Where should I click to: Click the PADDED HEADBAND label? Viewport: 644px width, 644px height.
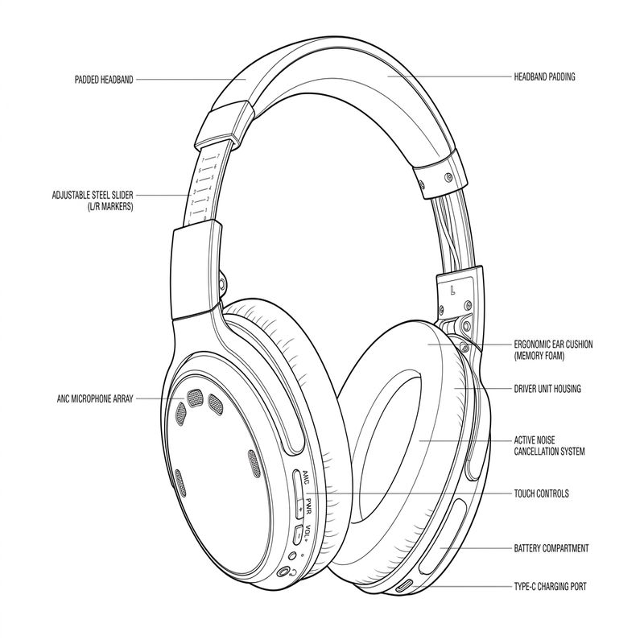(101, 80)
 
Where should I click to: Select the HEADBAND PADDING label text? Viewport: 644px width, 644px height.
(544, 77)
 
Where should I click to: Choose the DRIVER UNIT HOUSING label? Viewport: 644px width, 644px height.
(547, 389)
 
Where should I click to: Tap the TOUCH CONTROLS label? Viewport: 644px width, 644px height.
(541, 493)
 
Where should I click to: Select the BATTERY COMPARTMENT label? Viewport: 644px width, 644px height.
(551, 548)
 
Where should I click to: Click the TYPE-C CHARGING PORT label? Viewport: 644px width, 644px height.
(550, 587)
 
